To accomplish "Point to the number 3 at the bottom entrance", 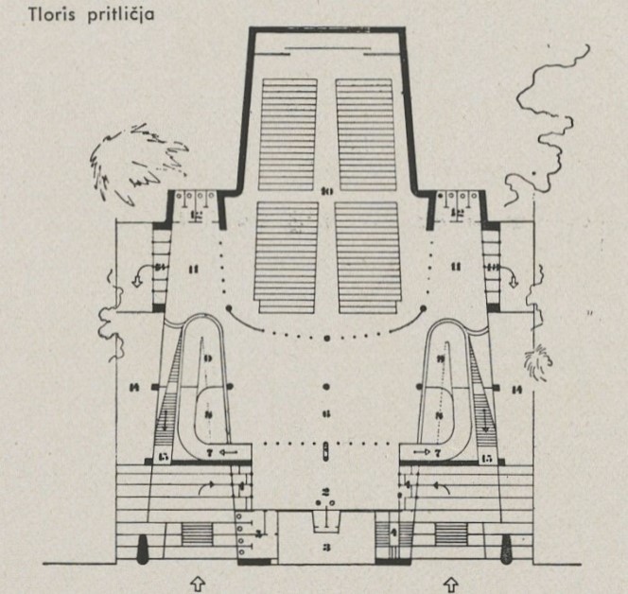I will click(x=324, y=547).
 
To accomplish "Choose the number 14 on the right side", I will click(x=516, y=388).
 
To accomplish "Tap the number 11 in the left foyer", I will click(x=197, y=268).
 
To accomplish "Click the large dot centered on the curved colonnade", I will click(x=326, y=337).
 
